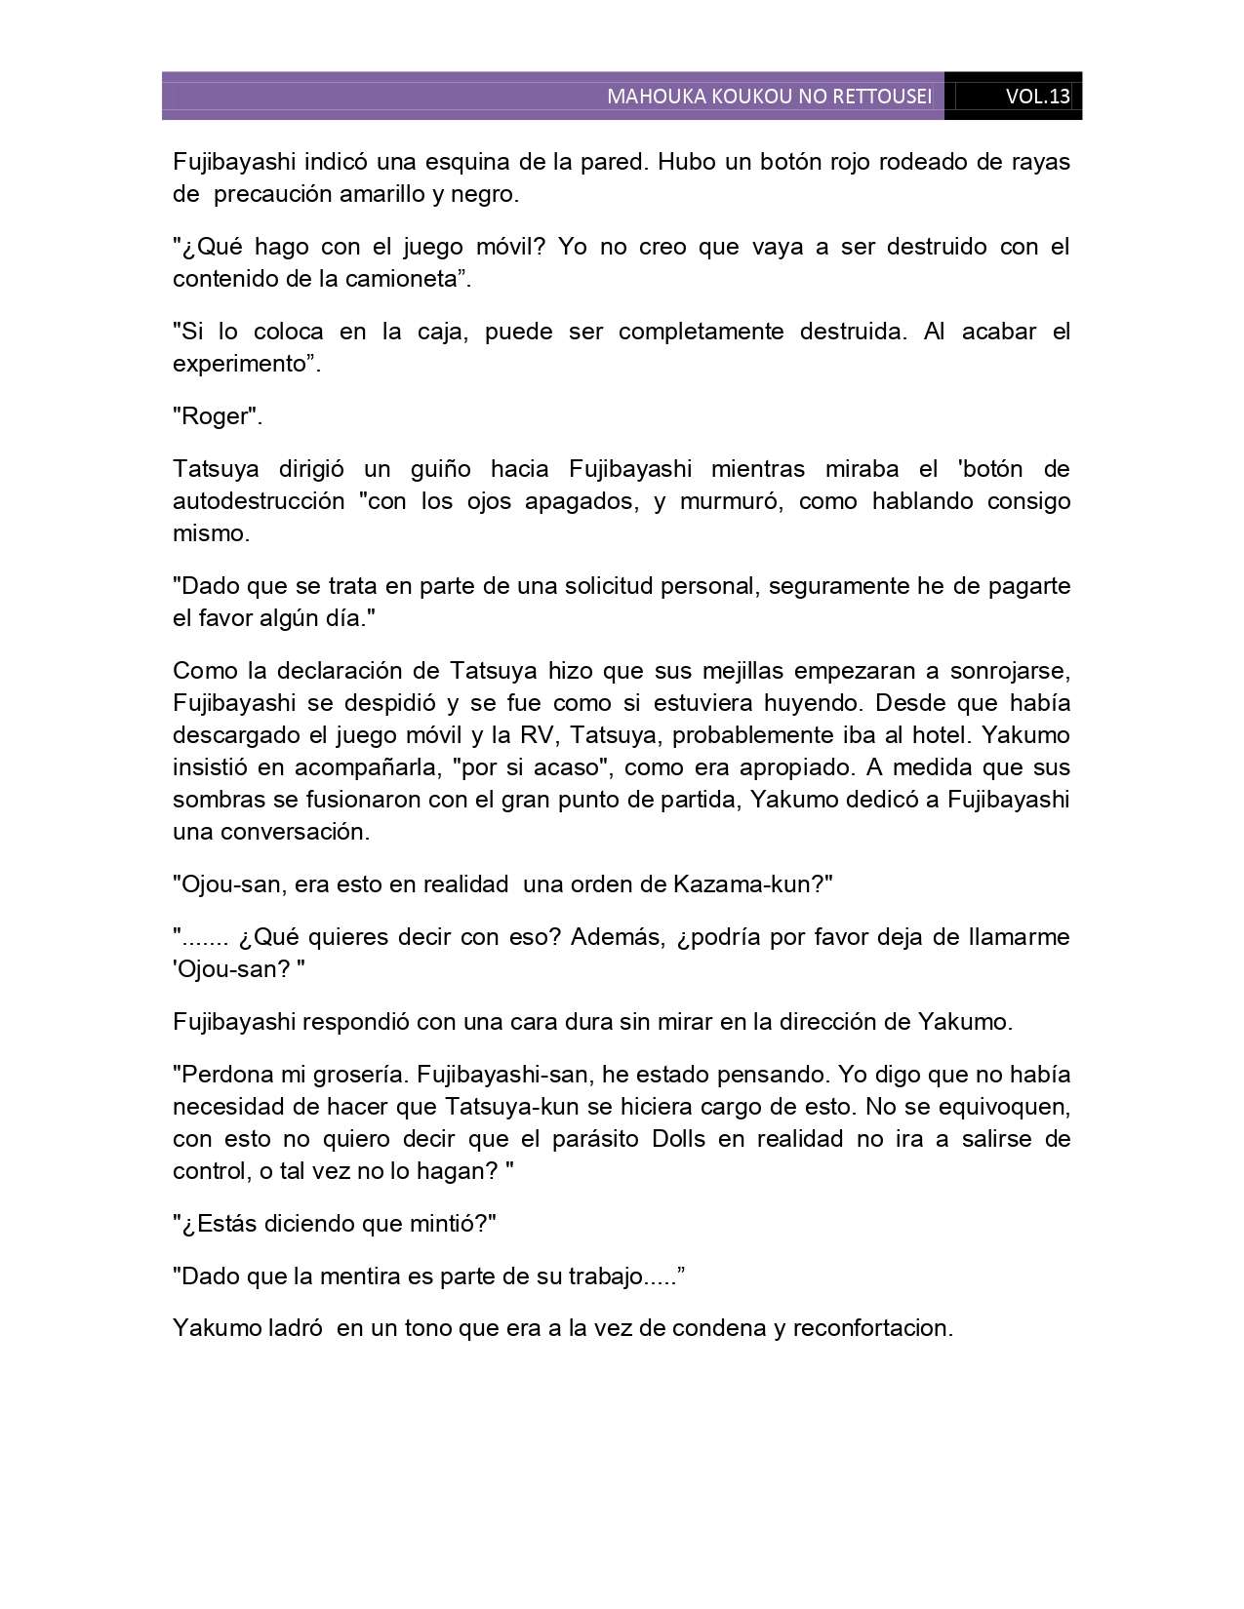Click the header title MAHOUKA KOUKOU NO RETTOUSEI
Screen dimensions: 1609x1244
click(x=769, y=97)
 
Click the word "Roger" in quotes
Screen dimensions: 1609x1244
click(x=217, y=416)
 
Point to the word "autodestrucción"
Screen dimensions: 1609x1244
click(x=259, y=501)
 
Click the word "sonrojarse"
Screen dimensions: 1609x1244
click(x=1013, y=671)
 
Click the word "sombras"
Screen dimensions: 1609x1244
click(x=217, y=800)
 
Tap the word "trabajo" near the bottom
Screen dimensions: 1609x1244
click(x=605, y=1276)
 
